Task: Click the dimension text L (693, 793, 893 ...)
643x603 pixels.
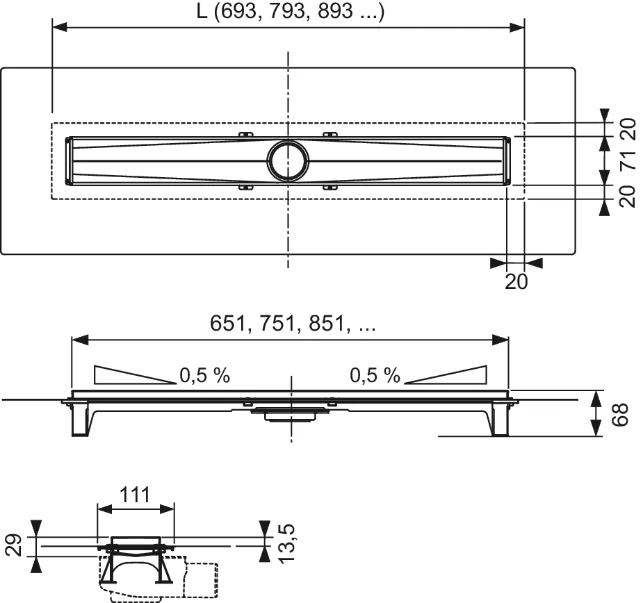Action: [x=288, y=12]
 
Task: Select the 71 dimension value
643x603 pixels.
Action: [x=627, y=161]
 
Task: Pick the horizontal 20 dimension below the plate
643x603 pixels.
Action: [x=516, y=281]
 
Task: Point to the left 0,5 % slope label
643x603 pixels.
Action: [x=204, y=376]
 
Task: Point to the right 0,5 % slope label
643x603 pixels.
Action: [x=375, y=376]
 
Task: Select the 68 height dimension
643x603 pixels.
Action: [x=622, y=414]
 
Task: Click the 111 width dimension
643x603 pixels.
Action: [x=136, y=495]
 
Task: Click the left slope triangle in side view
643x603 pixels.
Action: [x=125, y=374]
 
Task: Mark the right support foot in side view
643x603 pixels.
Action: [x=499, y=421]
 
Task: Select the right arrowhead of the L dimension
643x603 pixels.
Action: [x=516, y=27]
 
